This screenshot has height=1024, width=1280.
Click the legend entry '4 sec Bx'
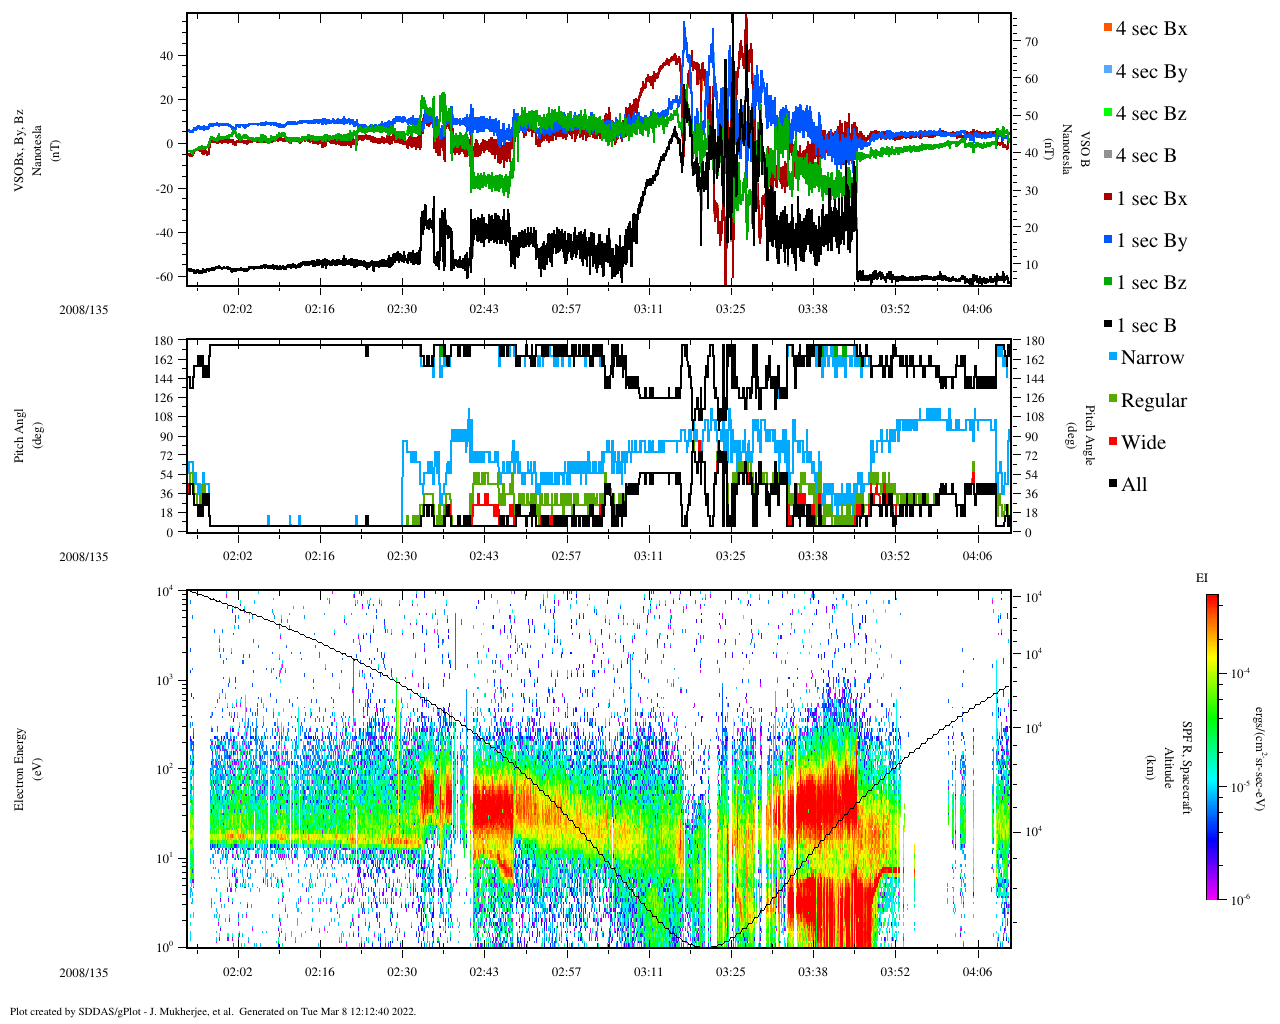click(x=1151, y=29)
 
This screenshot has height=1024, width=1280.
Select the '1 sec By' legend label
click(x=1151, y=241)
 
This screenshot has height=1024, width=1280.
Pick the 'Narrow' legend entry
click(x=1151, y=358)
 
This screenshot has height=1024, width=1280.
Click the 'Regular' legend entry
click(x=1153, y=401)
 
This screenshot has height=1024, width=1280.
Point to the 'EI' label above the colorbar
click(x=1202, y=578)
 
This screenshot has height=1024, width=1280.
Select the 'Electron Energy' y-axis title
click(x=20, y=768)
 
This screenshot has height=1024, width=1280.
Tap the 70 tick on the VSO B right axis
click(x=1030, y=42)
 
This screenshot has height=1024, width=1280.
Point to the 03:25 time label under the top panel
click(x=730, y=309)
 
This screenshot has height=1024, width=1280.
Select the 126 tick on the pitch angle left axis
click(x=164, y=398)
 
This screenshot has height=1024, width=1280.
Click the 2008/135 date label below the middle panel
click(x=83, y=557)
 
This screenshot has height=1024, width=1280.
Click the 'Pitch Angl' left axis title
click(x=20, y=436)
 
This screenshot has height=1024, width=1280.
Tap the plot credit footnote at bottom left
click(x=212, y=1011)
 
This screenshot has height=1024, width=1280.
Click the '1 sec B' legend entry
click(x=1146, y=326)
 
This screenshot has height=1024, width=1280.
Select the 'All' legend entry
click(x=1133, y=485)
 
